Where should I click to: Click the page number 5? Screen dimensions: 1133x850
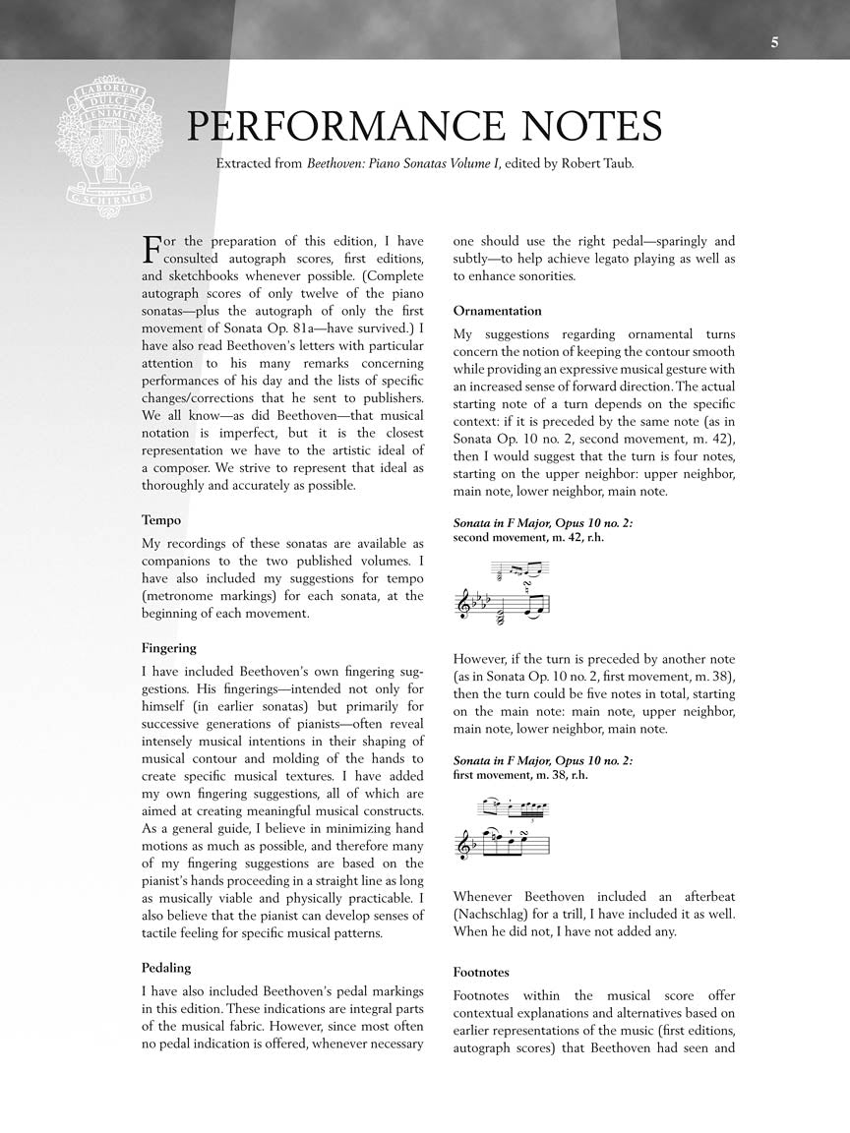[x=775, y=41]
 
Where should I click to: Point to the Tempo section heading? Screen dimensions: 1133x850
[x=161, y=520]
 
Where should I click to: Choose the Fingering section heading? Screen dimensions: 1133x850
[x=169, y=648]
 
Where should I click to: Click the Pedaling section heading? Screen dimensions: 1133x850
[x=166, y=968]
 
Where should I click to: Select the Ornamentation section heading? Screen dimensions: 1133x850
[x=498, y=311]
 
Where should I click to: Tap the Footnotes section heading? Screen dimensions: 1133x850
[x=481, y=972]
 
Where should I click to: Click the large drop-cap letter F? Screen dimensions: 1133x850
[x=152, y=250]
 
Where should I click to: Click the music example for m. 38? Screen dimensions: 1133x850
[x=504, y=828]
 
